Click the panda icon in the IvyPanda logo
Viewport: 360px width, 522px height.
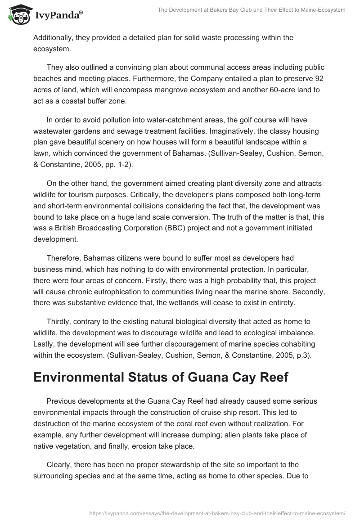tap(18, 15)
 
